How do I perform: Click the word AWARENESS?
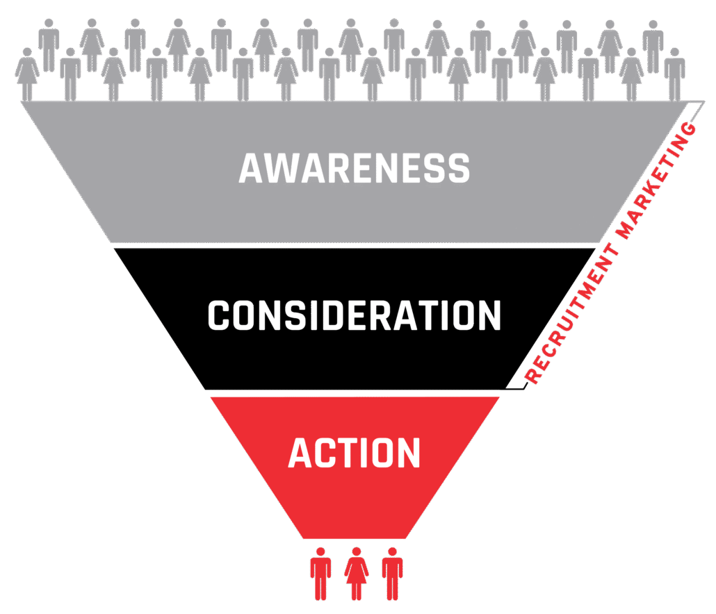[354, 168]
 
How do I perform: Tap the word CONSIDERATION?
[354, 316]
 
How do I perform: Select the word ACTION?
[354, 453]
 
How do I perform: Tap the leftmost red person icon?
[320, 573]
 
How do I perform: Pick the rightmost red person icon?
[393, 573]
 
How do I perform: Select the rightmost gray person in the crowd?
[674, 74]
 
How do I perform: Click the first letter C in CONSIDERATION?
[219, 316]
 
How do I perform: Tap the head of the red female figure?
[357, 551]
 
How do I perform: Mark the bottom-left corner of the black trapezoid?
[205, 389]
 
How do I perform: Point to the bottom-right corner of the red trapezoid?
[407, 538]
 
